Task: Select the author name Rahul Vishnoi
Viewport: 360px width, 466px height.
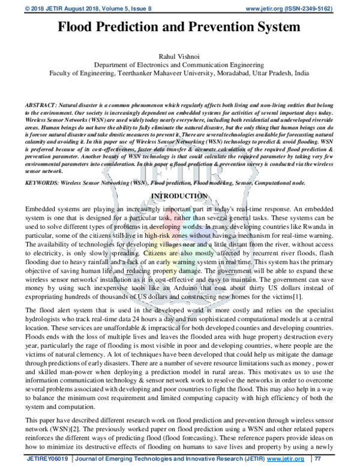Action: (x=180, y=55)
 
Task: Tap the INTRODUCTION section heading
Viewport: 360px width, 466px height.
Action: (x=180, y=180)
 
